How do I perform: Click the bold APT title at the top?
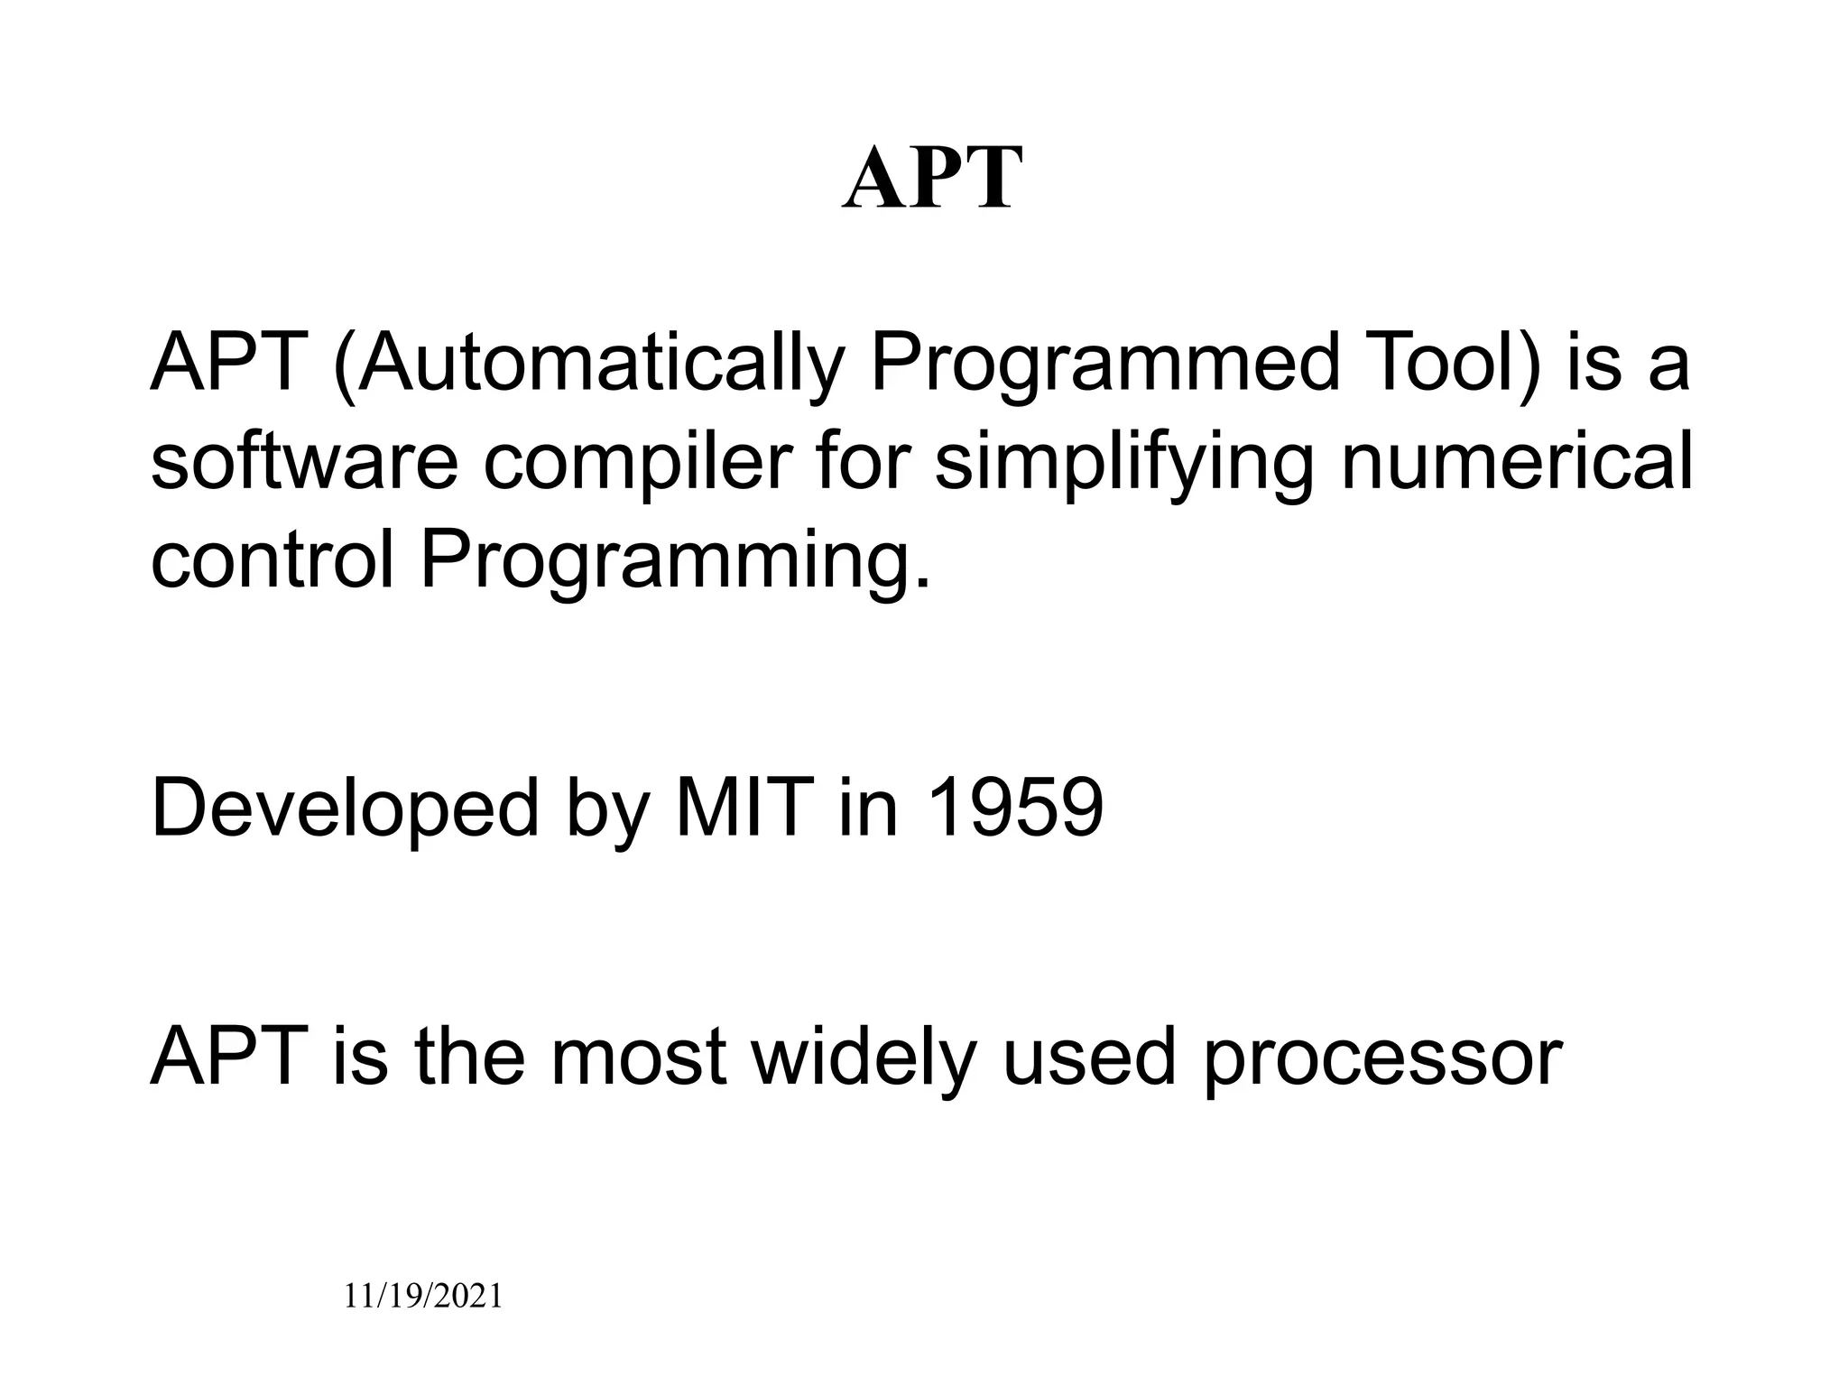[x=932, y=180]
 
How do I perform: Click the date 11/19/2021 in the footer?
[x=423, y=1297]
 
